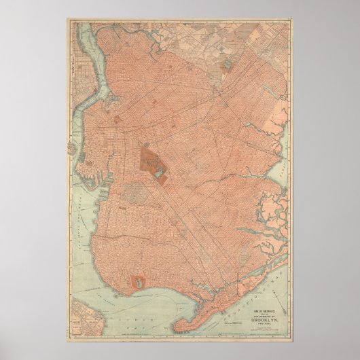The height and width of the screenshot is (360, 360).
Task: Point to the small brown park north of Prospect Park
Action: [118, 120]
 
